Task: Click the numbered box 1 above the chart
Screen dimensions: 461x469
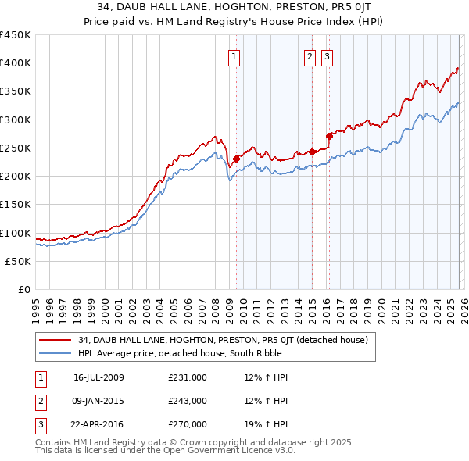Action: click(x=234, y=55)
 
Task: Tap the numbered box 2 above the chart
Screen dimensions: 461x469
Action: click(x=310, y=55)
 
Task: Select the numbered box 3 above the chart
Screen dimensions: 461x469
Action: click(x=327, y=55)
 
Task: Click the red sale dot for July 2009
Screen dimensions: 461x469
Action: click(x=236, y=159)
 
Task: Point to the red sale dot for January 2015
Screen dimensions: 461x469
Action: click(x=312, y=152)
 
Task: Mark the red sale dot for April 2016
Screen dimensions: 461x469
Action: click(x=329, y=136)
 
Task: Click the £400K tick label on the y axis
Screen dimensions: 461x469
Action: click(x=16, y=63)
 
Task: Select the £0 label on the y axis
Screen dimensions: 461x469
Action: click(x=23, y=289)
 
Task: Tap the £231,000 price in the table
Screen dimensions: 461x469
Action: click(x=188, y=377)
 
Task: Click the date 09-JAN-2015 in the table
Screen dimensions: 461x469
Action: click(x=98, y=401)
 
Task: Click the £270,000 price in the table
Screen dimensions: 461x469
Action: click(x=188, y=424)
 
